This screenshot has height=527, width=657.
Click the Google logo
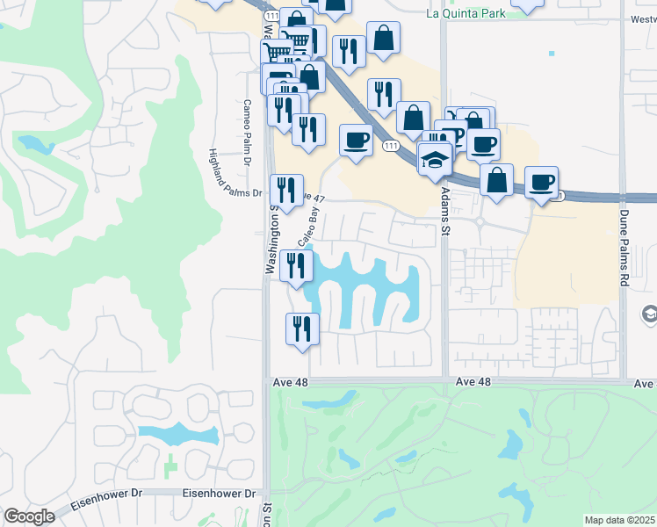pos(29,516)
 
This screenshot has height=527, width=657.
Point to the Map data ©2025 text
pos(620,520)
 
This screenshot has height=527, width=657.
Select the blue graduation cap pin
pos(435,159)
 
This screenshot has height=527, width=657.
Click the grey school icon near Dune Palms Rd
pos(650,314)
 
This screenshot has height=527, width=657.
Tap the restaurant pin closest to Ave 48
pos(302,330)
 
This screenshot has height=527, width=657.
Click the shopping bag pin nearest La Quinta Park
pos(384,39)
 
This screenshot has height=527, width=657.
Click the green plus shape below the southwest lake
pos(171,463)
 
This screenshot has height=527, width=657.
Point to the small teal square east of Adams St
pos(552,54)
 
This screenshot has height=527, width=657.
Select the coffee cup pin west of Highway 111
pos(356,141)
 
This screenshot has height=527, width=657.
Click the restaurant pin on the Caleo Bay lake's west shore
pos(296,265)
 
